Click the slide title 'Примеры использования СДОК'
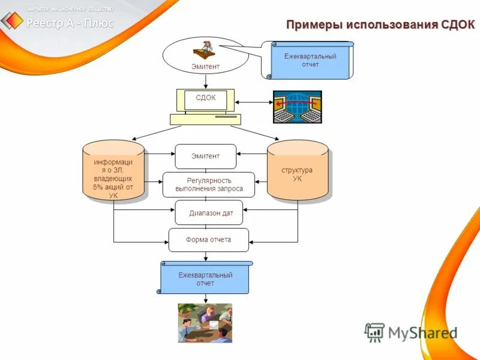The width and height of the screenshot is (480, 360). [x=380, y=25]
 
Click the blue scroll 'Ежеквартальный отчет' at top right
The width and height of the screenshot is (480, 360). [x=310, y=61]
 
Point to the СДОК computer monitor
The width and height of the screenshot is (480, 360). [x=205, y=100]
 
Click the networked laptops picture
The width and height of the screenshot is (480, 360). [x=298, y=107]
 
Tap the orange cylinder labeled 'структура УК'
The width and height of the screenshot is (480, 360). [x=298, y=171]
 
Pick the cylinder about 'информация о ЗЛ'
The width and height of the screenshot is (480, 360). [x=113, y=171]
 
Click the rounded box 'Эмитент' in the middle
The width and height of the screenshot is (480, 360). [x=205, y=156]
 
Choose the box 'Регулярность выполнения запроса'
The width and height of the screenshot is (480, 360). [x=209, y=184]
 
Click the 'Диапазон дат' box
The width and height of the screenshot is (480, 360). [x=209, y=212]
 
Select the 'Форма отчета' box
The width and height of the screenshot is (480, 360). [x=208, y=239]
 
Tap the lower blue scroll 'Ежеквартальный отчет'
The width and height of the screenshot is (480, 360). [x=205, y=278]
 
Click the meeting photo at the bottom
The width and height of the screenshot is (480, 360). [x=205, y=323]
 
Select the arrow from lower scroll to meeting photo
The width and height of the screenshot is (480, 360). [x=205, y=298]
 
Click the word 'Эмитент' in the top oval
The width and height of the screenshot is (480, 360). [x=205, y=67]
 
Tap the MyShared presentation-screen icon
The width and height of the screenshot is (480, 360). [x=374, y=332]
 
